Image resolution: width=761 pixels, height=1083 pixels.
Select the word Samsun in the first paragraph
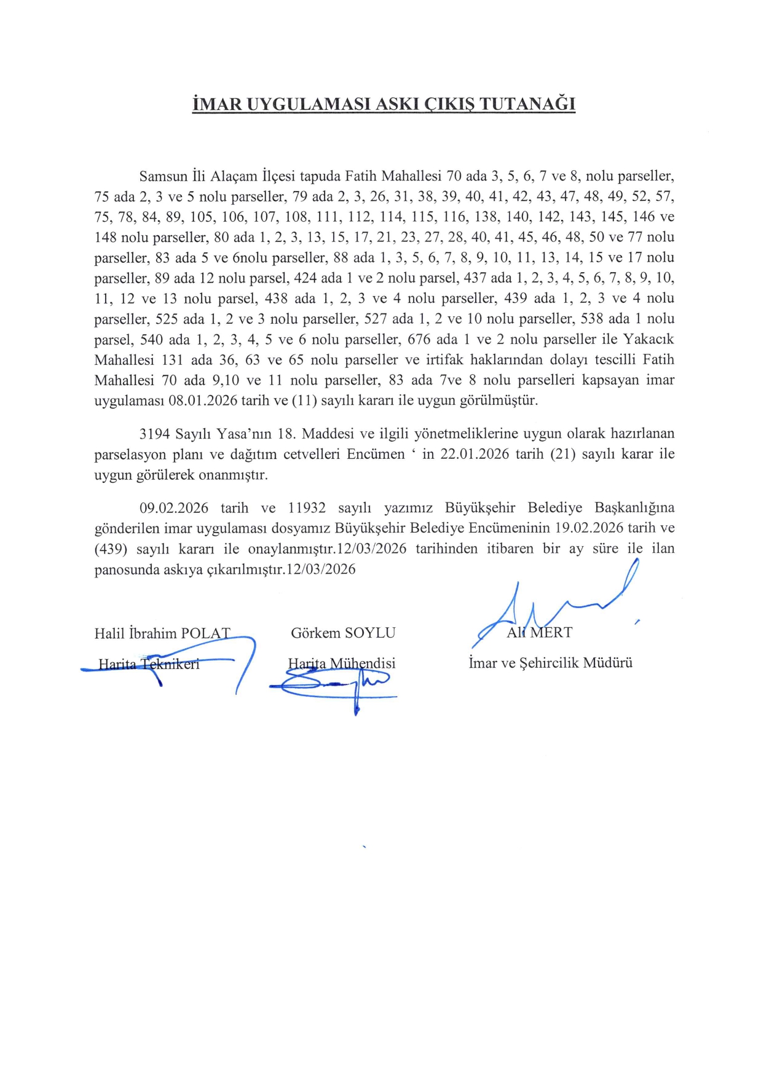(164, 176)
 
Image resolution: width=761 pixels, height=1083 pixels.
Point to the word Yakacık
(649, 339)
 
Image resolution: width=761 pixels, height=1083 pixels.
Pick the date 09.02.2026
(174, 508)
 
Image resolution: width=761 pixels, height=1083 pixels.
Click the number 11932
(306, 508)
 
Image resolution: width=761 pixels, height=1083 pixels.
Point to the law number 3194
(155, 434)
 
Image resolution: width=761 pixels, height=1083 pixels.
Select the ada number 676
(420, 339)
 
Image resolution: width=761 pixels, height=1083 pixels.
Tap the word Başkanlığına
(634, 508)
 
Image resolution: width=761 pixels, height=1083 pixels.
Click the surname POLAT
(206, 633)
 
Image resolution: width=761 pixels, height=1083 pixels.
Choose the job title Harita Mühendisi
(342, 663)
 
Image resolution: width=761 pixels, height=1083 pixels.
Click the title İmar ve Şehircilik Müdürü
(550, 663)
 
